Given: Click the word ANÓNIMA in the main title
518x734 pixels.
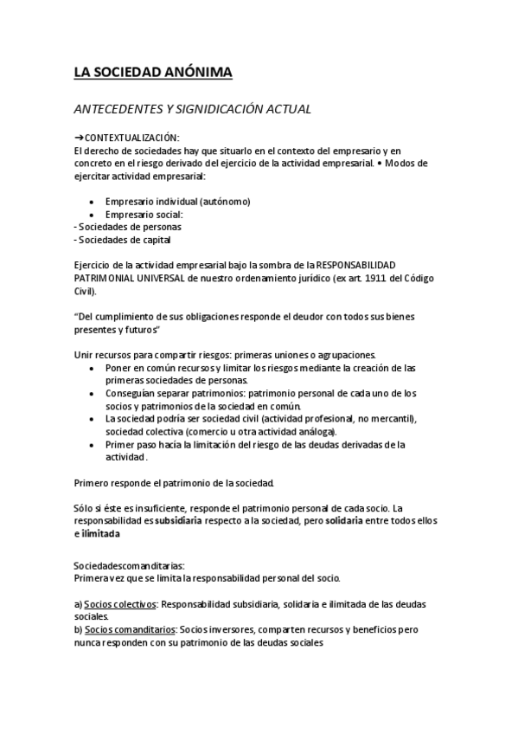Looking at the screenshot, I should (x=198, y=74).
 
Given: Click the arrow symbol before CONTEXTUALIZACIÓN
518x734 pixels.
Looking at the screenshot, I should (x=79, y=138).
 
